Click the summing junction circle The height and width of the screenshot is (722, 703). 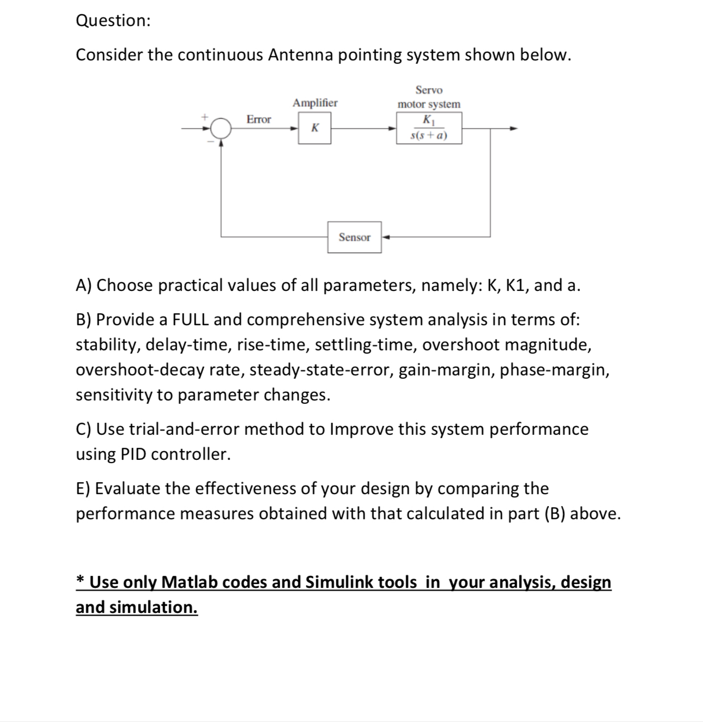[221, 129]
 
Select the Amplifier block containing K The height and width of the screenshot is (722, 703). [314, 129]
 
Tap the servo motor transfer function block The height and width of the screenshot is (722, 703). [429, 128]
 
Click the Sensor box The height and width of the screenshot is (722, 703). [354, 237]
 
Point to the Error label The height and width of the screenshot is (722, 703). [258, 119]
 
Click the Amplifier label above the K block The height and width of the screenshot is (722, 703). [315, 102]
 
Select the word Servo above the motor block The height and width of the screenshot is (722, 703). [429, 90]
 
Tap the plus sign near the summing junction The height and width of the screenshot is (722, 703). [205, 117]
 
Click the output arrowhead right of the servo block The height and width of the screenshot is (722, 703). [512, 129]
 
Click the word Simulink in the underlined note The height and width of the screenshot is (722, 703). [338, 582]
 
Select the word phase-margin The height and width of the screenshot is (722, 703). [555, 369]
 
